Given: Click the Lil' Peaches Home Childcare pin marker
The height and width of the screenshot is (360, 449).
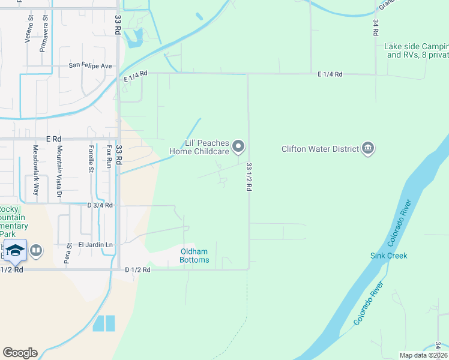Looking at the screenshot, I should click(238, 146).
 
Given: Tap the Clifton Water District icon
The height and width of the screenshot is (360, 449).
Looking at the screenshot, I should click(368, 148).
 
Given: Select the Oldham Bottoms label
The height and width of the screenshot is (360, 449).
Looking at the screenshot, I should click(195, 256).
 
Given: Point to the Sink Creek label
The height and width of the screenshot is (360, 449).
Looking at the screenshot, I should click(388, 256).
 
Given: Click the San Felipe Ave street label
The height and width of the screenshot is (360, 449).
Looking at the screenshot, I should click(91, 65).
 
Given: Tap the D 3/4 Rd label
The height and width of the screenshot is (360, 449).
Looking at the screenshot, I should click(100, 205).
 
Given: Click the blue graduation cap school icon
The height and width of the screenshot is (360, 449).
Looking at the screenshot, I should click(15, 250).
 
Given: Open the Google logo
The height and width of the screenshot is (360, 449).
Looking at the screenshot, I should click(20, 353).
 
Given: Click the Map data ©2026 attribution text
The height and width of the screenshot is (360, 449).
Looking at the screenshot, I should click(423, 355).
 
